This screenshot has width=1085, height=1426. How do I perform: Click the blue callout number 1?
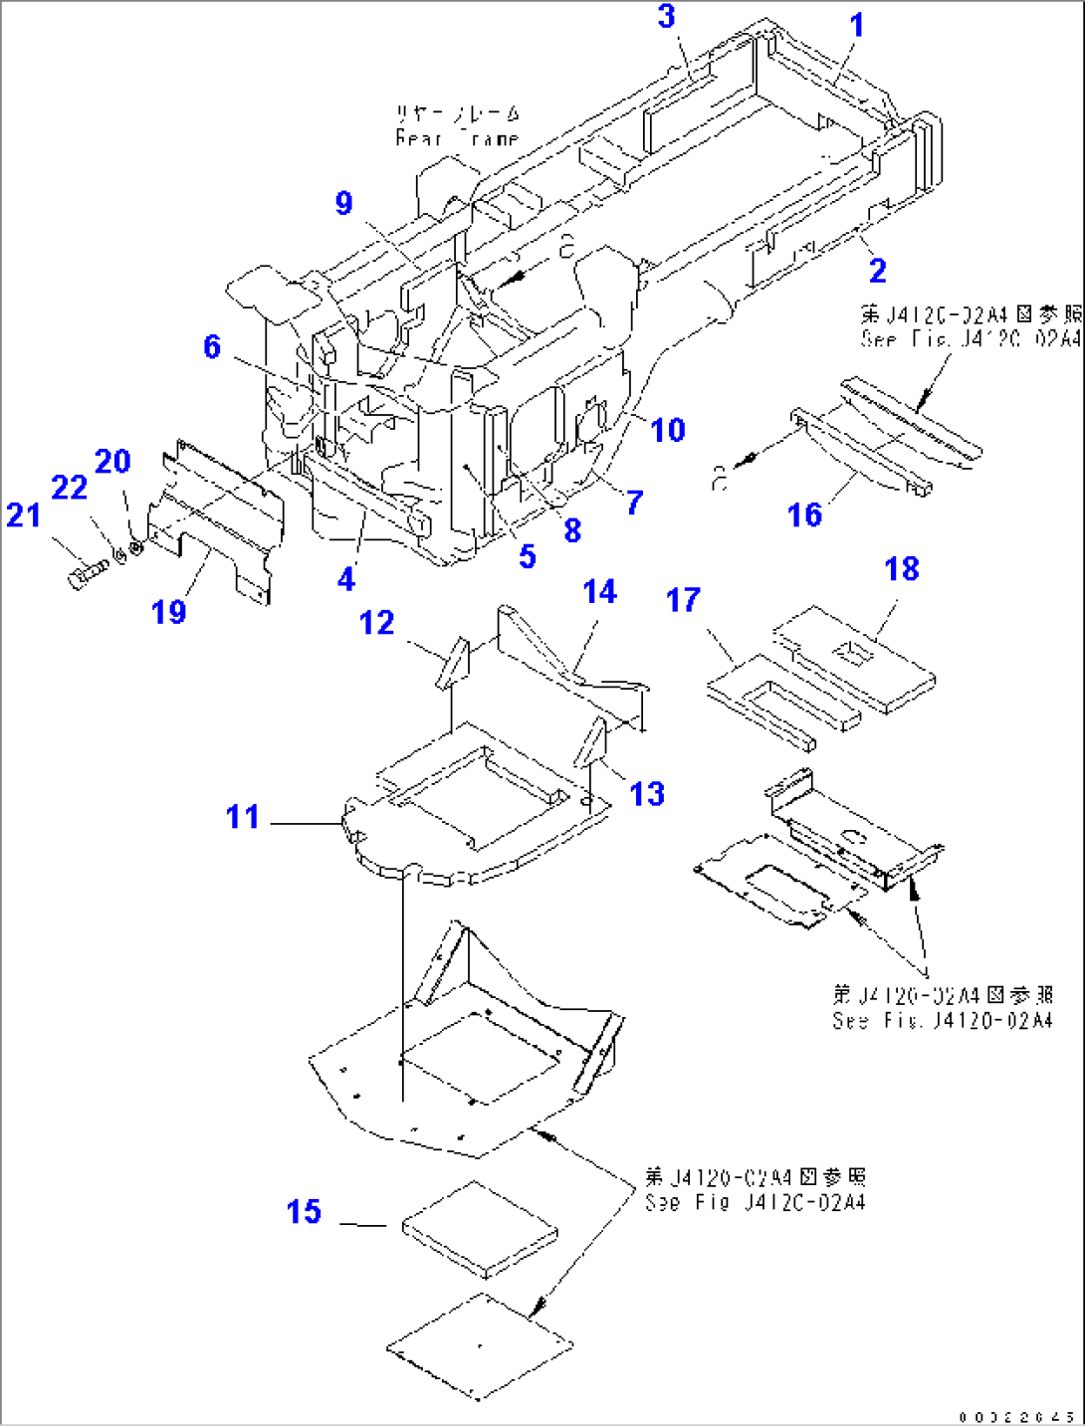click(x=856, y=25)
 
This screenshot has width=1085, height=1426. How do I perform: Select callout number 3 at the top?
click(x=666, y=17)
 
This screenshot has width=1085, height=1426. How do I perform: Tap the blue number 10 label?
click(x=667, y=430)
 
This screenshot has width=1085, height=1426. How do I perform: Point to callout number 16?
click(x=804, y=514)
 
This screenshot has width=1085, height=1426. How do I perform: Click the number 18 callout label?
click(x=901, y=569)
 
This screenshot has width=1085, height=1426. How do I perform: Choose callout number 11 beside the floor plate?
click(x=242, y=817)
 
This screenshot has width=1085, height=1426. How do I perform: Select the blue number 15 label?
click(x=304, y=1212)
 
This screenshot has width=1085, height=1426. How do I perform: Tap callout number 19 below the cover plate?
click(x=168, y=612)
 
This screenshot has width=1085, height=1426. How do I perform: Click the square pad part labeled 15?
click(x=480, y=1229)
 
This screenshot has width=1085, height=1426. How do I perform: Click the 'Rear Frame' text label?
click(x=457, y=126)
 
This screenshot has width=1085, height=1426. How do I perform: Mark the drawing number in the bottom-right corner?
click(x=1016, y=1416)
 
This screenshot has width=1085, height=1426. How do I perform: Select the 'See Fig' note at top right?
click(x=971, y=326)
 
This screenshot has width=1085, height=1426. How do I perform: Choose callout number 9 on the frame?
click(x=343, y=203)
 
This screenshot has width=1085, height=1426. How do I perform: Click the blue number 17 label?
click(x=683, y=600)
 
